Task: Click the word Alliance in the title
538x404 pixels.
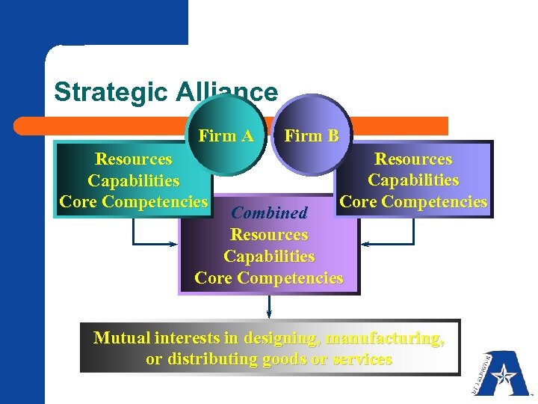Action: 227,92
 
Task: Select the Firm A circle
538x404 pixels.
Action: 226,136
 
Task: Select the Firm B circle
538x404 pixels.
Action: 311,136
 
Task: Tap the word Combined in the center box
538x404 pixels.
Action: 270,212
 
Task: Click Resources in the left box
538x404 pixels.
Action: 134,159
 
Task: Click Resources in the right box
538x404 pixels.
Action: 413,159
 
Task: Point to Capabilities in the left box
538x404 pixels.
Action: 134,180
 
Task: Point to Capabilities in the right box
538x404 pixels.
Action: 413,180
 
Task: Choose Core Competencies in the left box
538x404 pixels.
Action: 134,201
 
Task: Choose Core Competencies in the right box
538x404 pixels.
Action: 413,201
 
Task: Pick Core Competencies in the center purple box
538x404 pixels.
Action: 269,278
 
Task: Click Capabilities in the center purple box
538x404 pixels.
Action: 269,257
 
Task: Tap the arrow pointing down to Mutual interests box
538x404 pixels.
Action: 269,307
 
